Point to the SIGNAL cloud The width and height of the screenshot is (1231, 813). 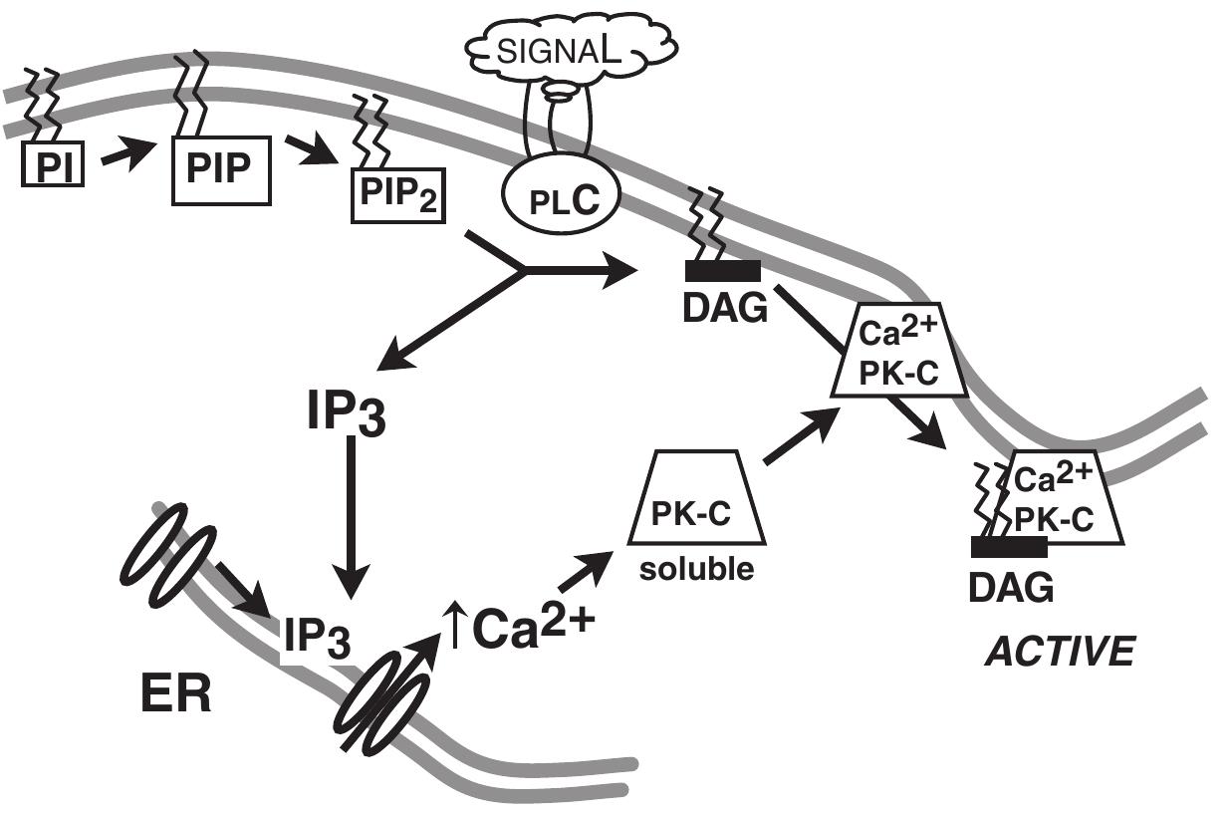(572, 47)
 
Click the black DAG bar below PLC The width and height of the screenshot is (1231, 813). (722, 270)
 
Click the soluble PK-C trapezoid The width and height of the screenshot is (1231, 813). (696, 504)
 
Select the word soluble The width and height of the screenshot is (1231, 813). (695, 574)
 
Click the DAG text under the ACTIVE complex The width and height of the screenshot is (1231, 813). (1010, 589)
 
